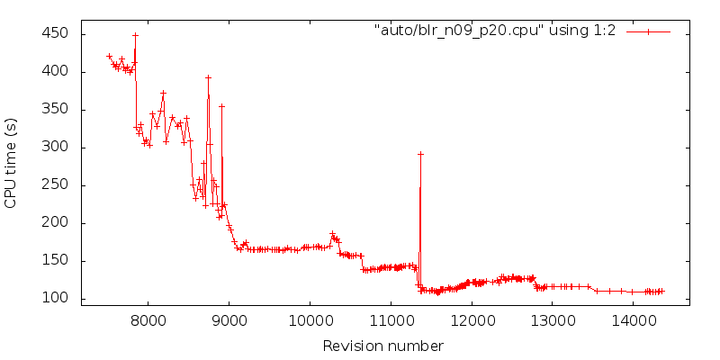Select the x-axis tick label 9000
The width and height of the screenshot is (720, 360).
pos(229,320)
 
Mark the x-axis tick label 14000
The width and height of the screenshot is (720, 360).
pos(633,320)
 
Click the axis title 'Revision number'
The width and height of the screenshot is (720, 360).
pos(383,346)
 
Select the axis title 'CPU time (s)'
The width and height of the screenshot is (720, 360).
pos(12,163)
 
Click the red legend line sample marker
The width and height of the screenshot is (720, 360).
pos(648,31)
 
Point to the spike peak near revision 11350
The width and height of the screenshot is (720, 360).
pos(420,154)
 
